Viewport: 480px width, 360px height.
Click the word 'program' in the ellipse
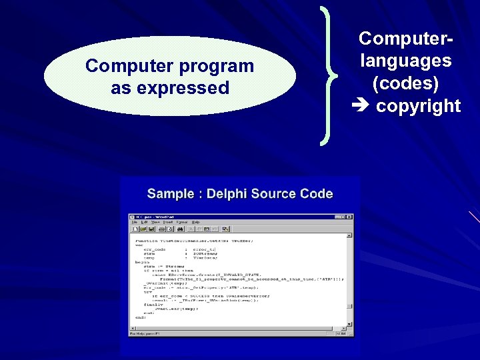217,66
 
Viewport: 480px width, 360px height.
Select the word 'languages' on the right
406,61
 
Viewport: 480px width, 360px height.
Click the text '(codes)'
406,83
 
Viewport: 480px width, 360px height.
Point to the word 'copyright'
419,105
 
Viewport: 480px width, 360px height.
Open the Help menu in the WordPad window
195,222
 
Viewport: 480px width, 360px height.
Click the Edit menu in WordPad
143,222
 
